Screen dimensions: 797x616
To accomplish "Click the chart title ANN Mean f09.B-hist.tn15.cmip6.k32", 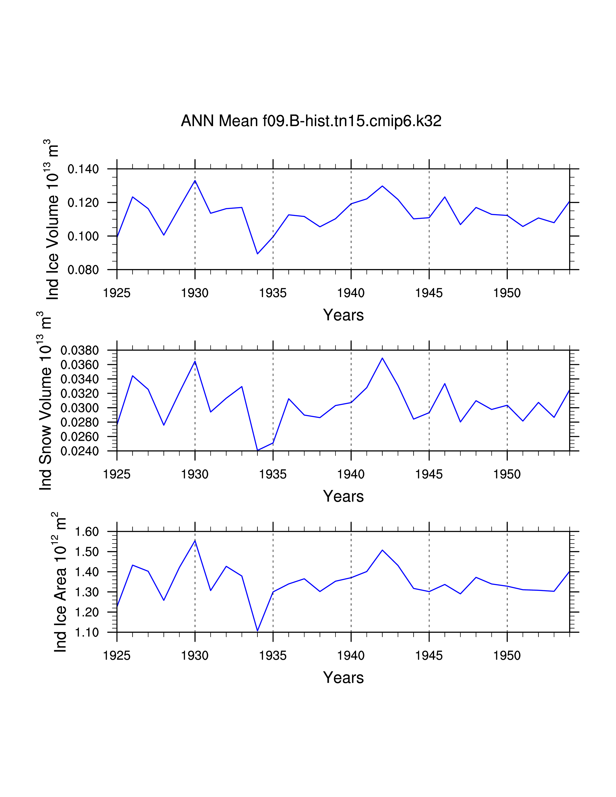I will click(x=311, y=121).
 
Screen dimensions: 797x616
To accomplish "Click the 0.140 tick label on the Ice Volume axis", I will click(x=83, y=169).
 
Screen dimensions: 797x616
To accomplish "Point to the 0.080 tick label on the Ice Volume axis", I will click(x=83, y=270).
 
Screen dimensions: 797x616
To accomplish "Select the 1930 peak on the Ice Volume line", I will click(x=195, y=181).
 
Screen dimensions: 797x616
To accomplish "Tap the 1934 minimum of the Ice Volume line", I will click(x=258, y=254).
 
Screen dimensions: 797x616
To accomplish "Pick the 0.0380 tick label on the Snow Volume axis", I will click(x=79, y=350).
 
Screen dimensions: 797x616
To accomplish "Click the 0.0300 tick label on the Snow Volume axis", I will click(x=79, y=408).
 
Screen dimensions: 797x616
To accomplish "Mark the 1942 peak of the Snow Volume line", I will click(x=382, y=358).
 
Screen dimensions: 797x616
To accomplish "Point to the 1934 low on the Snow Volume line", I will click(x=258, y=450).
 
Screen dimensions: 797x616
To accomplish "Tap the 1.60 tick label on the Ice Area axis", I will click(x=87, y=532).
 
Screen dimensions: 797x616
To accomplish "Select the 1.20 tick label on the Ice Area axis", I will click(x=87, y=612).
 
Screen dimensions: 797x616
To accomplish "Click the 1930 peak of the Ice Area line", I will click(x=195, y=541).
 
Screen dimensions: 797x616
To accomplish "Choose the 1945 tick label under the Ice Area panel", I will click(x=429, y=656).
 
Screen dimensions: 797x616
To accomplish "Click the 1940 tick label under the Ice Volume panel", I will click(x=351, y=293).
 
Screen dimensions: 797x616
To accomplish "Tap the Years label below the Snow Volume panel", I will click(x=343, y=496).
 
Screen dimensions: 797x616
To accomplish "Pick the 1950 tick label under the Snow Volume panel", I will click(x=507, y=474).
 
